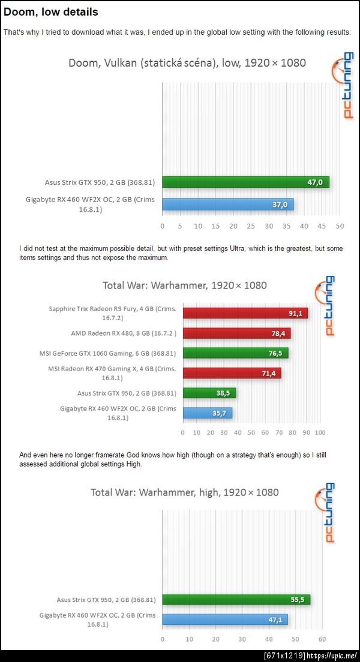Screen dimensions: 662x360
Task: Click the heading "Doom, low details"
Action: tap(51, 11)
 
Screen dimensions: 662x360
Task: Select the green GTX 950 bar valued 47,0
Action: tap(245, 182)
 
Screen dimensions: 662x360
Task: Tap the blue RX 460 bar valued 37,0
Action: tap(227, 204)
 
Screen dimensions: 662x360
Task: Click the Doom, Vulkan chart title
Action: tap(187, 62)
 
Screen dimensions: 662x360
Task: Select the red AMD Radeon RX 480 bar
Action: tap(236, 333)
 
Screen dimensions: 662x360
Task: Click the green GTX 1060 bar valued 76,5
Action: tap(235, 353)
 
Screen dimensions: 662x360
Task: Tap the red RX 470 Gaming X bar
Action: tap(232, 373)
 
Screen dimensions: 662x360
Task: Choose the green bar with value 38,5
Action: tap(209, 393)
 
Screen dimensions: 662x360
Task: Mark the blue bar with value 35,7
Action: tap(208, 413)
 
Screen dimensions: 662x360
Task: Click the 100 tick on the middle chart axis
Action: tap(320, 432)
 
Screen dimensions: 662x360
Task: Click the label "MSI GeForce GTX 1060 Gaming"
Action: tap(112, 353)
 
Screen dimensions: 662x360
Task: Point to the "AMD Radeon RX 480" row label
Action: tap(124, 333)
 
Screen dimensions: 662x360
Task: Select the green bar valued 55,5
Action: tap(236, 599)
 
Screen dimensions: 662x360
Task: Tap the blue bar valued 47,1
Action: tap(225, 619)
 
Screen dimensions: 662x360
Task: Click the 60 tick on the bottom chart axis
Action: tap(322, 639)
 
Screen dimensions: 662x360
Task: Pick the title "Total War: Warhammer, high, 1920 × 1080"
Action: tap(185, 492)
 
